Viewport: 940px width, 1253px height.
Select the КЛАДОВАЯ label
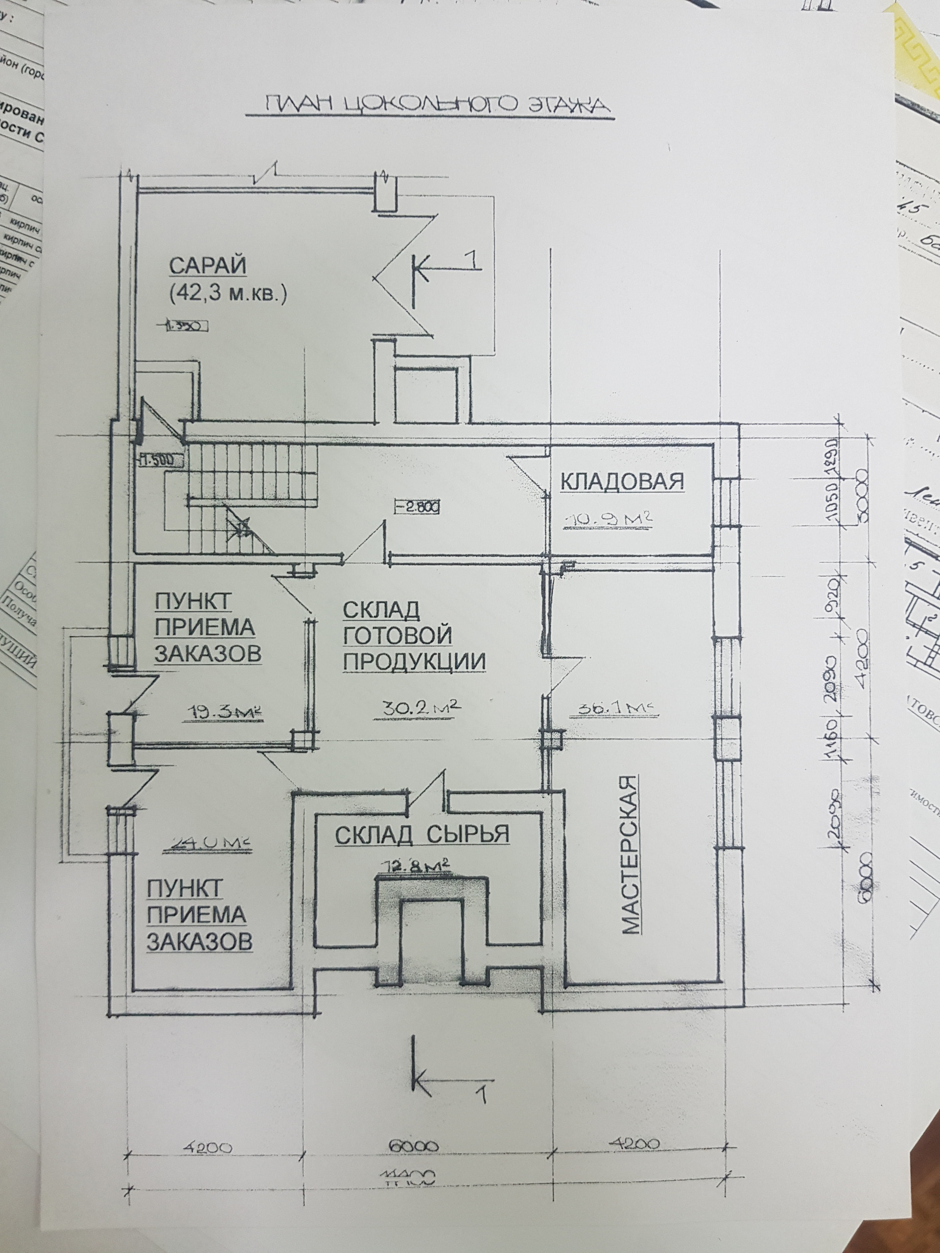[x=622, y=481]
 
